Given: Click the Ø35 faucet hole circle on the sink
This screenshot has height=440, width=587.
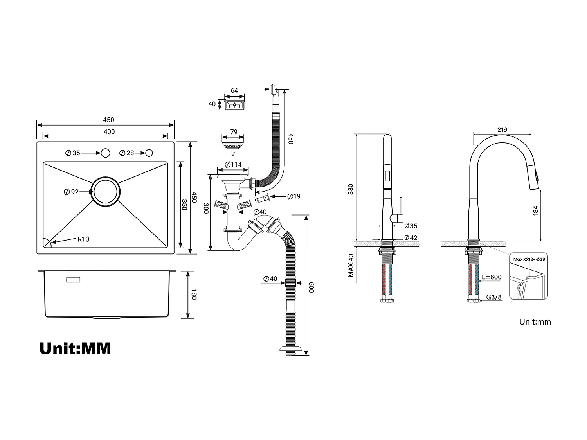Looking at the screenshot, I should (105, 153).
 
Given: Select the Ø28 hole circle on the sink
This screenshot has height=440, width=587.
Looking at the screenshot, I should (149, 153).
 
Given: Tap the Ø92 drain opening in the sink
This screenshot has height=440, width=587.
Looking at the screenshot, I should (106, 191).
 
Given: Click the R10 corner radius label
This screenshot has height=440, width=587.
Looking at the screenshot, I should (83, 239).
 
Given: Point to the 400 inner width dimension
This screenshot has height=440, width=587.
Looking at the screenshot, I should (109, 132).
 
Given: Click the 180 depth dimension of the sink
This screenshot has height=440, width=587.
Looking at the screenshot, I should (193, 294).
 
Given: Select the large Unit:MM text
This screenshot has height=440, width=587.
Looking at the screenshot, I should (75, 348).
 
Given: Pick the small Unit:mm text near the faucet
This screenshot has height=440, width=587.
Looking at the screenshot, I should (535, 322).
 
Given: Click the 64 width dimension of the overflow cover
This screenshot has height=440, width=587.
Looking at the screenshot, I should (234, 90).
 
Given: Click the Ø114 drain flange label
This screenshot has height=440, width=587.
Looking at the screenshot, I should (233, 165).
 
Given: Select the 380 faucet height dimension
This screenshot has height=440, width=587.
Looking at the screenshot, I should (351, 189).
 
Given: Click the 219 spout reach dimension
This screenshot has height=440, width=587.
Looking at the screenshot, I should (502, 129).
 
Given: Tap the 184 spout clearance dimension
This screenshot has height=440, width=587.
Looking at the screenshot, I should (535, 210).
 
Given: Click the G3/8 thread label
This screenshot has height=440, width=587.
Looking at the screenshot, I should (494, 297).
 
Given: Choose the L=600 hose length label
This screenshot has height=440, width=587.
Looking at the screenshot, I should (492, 277).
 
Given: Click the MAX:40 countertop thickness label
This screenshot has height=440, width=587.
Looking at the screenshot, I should (351, 266).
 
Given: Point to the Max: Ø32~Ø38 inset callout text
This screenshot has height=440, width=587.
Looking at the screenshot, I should (529, 259).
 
